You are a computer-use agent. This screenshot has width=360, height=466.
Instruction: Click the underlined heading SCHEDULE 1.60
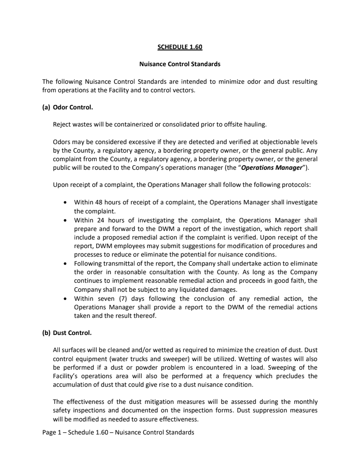click(x=180, y=46)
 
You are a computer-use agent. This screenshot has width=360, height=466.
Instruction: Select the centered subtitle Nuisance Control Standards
click(x=180, y=64)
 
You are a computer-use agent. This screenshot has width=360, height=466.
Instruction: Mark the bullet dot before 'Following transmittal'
click(x=66, y=263)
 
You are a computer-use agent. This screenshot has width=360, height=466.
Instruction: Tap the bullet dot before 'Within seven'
click(x=66, y=299)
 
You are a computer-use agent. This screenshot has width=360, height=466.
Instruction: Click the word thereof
click(x=147, y=316)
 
